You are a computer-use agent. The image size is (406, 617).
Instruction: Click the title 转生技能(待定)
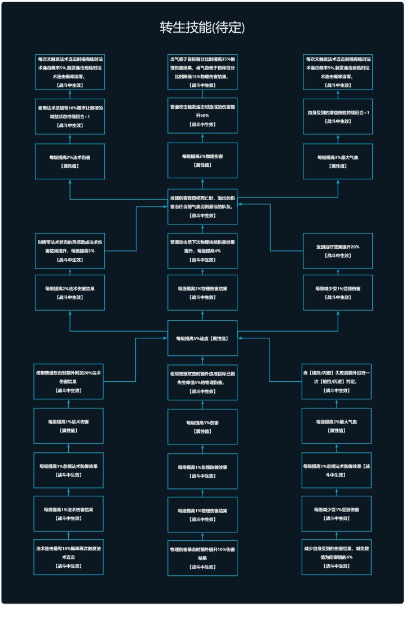point(202,28)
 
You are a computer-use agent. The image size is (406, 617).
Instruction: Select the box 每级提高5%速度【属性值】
point(202,338)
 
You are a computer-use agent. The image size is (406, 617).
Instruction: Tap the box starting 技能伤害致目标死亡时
point(202,206)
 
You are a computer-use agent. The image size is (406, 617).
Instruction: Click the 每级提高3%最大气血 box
point(338,161)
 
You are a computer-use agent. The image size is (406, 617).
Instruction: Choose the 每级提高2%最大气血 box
point(337,426)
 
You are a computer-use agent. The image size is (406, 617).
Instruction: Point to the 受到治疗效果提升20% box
point(338,250)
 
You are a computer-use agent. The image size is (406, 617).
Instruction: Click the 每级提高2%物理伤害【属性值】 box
point(202,160)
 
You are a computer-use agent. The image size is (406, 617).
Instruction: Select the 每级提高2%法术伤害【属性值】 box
point(70,161)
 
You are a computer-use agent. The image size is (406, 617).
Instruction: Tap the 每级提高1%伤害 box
point(202,426)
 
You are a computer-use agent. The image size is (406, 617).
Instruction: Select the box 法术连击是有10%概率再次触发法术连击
point(69,557)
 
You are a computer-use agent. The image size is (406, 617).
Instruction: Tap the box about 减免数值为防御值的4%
point(337,557)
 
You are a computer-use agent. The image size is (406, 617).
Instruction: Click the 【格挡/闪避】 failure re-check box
point(337,381)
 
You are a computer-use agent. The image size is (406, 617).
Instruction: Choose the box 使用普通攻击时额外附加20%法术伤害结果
point(69,381)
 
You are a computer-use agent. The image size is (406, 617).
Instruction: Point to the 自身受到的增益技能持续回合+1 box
point(338,117)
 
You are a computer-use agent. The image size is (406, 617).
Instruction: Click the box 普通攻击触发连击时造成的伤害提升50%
point(202,115)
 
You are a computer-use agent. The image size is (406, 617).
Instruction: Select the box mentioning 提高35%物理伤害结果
point(202,71)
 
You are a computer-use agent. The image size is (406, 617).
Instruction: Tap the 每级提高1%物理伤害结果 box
point(202,514)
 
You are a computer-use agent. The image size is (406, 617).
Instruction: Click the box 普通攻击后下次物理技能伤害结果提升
point(202,250)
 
